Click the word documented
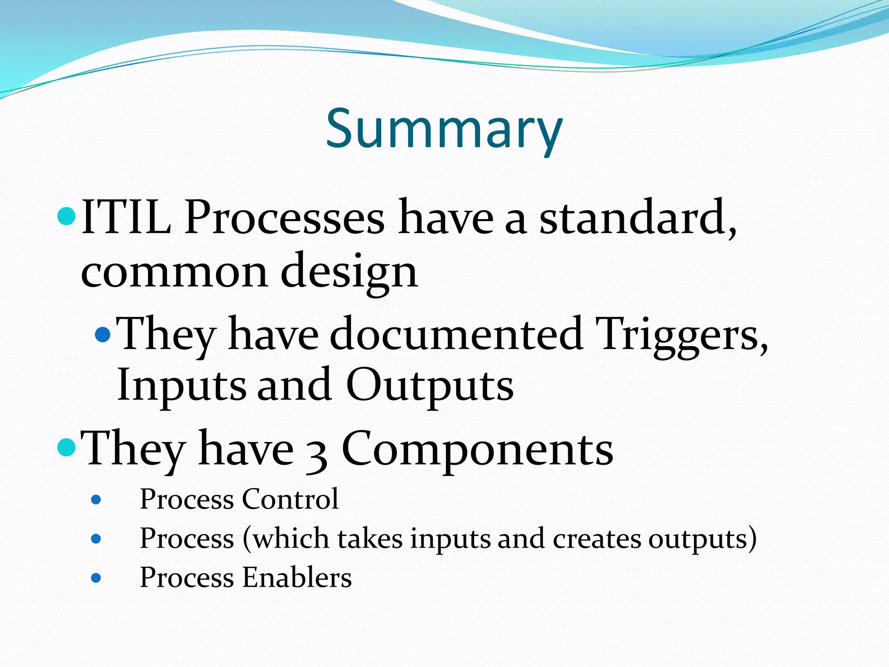[456, 334]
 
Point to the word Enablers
[297, 578]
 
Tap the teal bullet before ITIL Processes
[67, 216]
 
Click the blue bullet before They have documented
[103, 335]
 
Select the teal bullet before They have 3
[67, 447]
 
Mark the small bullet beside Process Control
[96, 500]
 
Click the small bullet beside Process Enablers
[96, 578]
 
